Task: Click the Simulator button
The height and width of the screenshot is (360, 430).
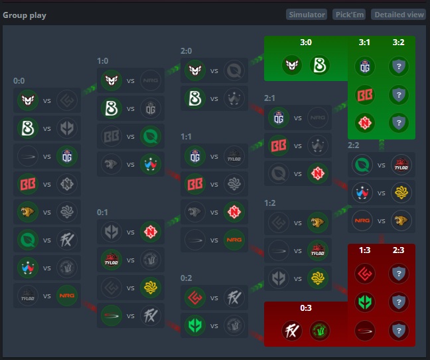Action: click(x=307, y=15)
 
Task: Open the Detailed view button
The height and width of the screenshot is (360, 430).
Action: click(x=398, y=15)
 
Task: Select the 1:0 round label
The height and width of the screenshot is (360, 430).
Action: click(x=103, y=60)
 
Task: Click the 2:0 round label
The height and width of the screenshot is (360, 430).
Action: click(x=186, y=51)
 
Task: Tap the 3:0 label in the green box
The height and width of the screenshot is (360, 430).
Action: click(x=306, y=42)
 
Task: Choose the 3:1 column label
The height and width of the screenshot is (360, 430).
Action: click(x=365, y=42)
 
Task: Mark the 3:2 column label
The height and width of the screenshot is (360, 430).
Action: click(x=398, y=42)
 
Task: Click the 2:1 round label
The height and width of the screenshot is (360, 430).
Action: click(x=270, y=98)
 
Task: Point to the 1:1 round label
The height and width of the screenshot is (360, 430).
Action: click(x=186, y=136)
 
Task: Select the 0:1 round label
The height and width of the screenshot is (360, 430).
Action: click(x=103, y=212)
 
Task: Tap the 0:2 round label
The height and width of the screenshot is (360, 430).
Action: click(x=186, y=278)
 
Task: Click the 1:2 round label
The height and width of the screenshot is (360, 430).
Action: click(x=270, y=203)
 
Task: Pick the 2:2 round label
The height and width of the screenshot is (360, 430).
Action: click(x=354, y=145)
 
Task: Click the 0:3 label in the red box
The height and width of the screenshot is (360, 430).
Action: click(x=306, y=308)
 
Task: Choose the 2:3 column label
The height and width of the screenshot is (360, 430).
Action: click(x=398, y=250)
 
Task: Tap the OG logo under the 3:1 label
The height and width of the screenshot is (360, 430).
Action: click(x=365, y=66)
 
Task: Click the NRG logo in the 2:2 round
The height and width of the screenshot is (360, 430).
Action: click(x=362, y=220)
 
